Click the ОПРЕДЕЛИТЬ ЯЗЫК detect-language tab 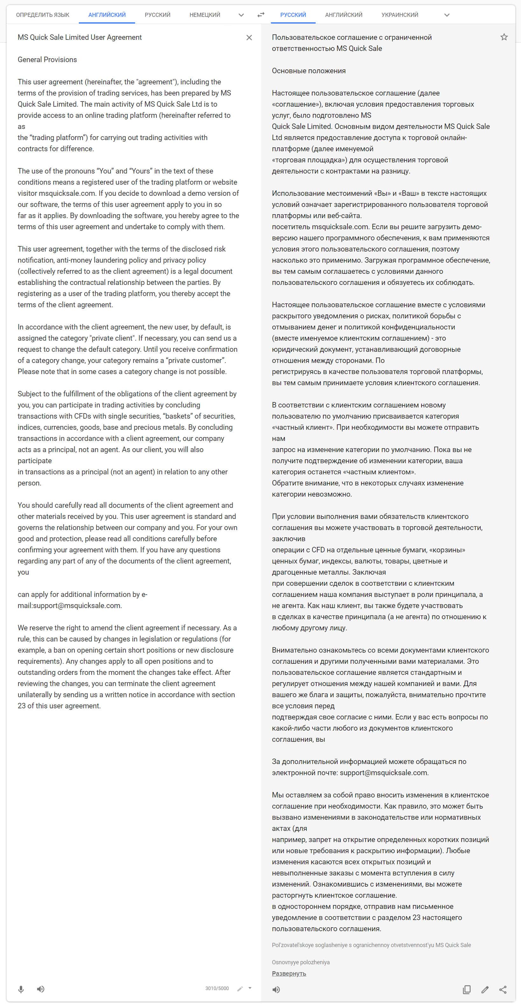[43, 15]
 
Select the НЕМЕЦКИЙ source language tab [205, 15]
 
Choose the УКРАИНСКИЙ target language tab [400, 15]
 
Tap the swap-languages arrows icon [261, 15]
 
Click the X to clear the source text [249, 38]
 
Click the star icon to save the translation [504, 37]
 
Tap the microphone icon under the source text [21, 989]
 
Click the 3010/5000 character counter [217, 988]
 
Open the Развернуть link [289, 973]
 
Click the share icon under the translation [503, 989]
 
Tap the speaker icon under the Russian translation [276, 989]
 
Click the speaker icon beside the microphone [40, 989]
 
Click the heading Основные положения [309, 71]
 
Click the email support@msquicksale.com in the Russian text [383, 773]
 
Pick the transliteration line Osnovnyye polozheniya [300, 962]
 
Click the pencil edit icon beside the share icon [485, 989]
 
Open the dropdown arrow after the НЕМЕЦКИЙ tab [241, 15]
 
